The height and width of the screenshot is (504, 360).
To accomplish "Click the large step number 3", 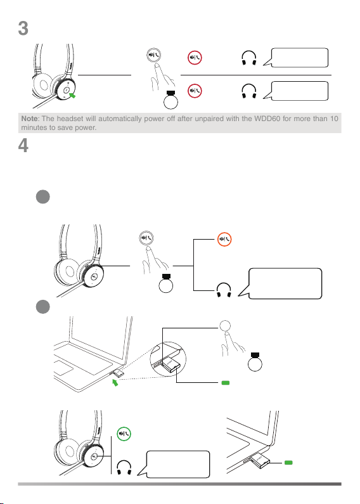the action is pos(23,29).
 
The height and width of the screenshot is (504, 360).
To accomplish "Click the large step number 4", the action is pos(23,146).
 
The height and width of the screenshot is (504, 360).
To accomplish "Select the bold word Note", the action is pos(29,119).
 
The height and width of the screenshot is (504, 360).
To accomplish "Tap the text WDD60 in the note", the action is pos(267,119).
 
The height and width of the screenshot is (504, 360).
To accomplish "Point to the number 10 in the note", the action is pos(334,119).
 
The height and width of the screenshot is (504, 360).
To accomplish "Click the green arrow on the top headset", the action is pos(72,95).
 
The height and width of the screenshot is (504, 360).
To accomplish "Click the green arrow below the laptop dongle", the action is pos(115,382).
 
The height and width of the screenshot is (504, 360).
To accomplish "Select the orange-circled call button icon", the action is pos(224,239).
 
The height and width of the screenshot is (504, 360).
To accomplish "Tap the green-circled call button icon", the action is pos(124,434).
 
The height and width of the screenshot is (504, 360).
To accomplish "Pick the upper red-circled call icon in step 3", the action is pos(195,58).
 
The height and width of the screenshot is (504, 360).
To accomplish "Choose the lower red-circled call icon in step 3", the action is pos(195,91).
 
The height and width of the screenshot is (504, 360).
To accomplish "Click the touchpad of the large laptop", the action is pos(63,368).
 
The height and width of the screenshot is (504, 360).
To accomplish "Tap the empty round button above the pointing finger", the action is pos(226,326).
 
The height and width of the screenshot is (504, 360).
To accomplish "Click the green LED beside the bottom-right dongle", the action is pos(288,463).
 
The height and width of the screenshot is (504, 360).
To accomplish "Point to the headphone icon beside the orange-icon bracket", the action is pos(224,290).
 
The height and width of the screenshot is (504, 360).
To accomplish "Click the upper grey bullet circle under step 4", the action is pos(42,197).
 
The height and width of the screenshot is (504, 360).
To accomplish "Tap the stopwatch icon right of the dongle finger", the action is pos(255,362).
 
